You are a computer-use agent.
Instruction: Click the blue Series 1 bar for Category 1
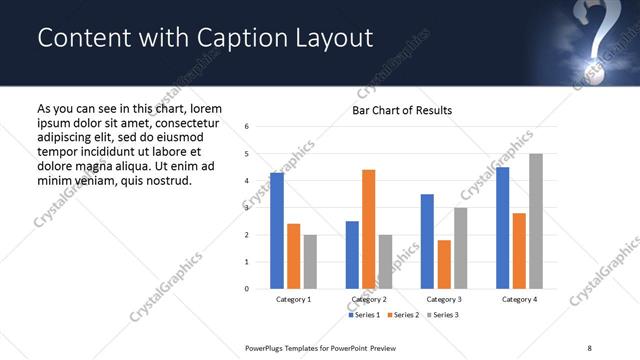(277, 231)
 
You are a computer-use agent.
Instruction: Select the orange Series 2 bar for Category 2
(368, 229)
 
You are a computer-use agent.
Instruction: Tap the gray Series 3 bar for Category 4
(536, 221)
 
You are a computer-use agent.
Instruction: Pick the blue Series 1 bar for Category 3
(427, 241)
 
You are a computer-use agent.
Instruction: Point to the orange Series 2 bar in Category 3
(444, 264)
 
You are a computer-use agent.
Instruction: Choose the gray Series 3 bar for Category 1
(310, 262)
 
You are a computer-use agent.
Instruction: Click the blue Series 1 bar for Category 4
(503, 228)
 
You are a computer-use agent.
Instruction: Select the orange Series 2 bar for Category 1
(293, 256)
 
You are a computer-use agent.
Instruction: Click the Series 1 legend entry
(364, 315)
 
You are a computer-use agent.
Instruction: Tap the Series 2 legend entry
(403, 315)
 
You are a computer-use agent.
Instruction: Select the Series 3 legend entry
(442, 315)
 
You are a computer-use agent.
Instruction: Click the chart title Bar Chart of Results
(402, 110)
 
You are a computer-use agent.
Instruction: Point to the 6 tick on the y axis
(247, 127)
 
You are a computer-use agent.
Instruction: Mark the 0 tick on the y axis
(247, 289)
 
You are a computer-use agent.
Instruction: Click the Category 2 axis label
(369, 299)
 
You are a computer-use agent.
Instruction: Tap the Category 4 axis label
(519, 299)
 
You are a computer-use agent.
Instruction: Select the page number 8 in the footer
(589, 348)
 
